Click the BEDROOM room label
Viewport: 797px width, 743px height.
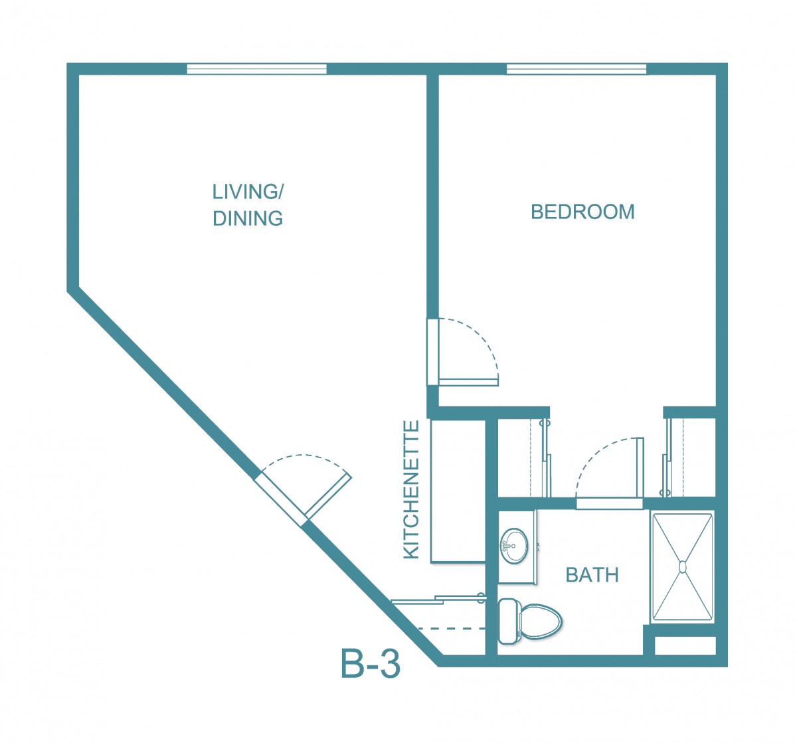582,212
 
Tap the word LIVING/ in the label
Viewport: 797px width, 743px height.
248,192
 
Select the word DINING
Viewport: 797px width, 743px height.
248,218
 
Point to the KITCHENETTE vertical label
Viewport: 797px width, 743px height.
411,489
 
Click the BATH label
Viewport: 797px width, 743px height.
592,575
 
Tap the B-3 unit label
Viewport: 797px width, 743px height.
371,664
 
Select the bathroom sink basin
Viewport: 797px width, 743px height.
514,546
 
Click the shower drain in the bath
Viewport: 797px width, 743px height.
683,566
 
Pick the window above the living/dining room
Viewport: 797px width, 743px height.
256,69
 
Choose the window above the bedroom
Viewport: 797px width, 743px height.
576,69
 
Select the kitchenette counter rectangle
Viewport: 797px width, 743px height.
458,491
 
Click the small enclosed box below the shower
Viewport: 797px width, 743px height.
685,645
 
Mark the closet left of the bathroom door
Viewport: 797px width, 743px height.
524,457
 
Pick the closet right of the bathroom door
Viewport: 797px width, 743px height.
689,457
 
